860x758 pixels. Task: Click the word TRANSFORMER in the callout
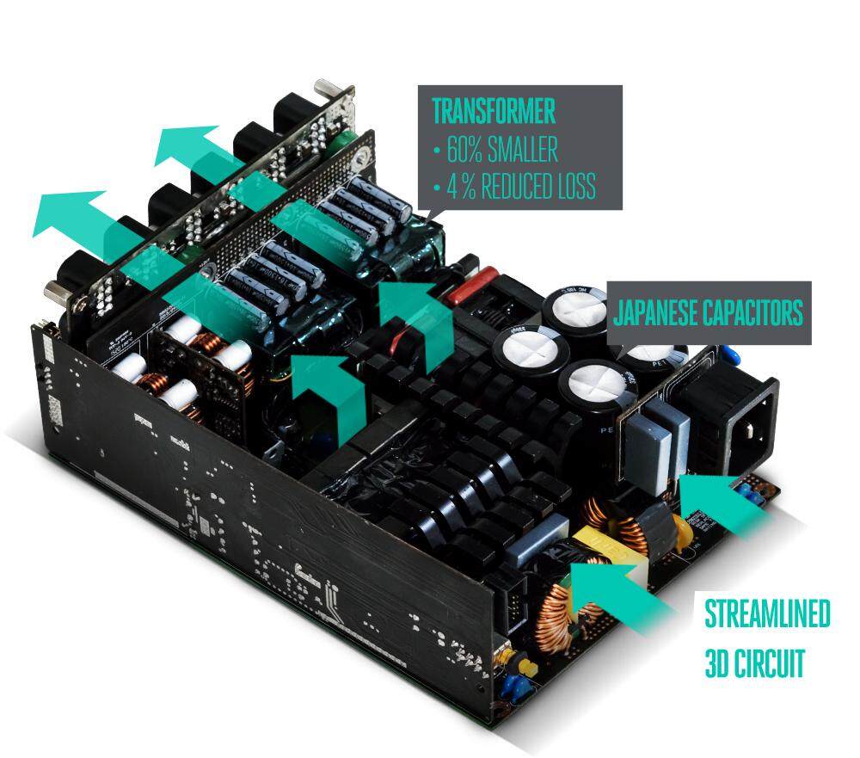click(x=493, y=111)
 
